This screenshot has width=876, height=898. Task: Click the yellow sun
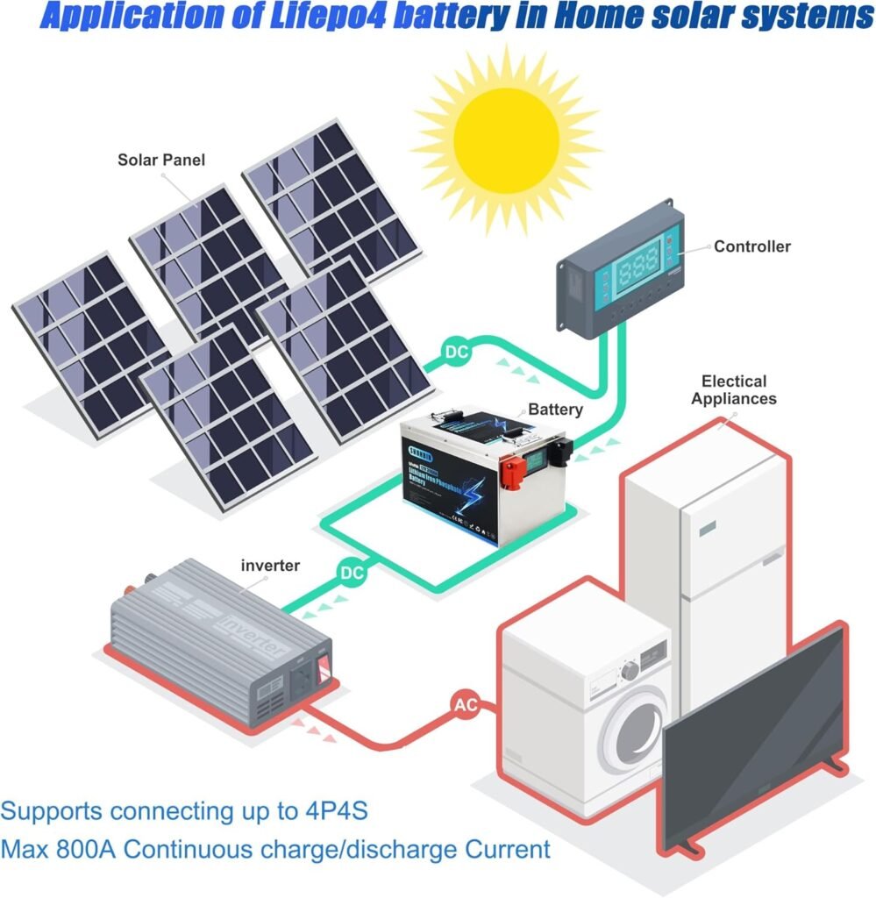(x=506, y=130)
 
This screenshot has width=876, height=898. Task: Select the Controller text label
(x=751, y=246)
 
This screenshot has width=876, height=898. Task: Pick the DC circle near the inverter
(x=352, y=573)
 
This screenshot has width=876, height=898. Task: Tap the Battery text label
(x=555, y=410)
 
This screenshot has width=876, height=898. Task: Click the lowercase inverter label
(x=270, y=566)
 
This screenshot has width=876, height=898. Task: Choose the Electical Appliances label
(x=734, y=389)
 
